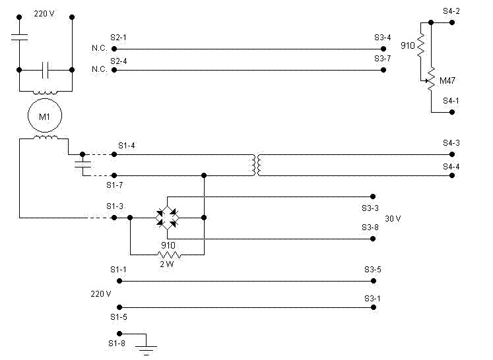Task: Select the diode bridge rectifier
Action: pos(167,218)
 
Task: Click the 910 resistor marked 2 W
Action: pos(169,255)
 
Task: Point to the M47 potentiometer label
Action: pos(447,80)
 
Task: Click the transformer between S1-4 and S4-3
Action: pos(257,165)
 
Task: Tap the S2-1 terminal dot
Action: pos(114,49)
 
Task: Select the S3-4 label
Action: pos(382,38)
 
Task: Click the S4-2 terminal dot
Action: pos(452,22)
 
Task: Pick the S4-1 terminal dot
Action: pos(452,112)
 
